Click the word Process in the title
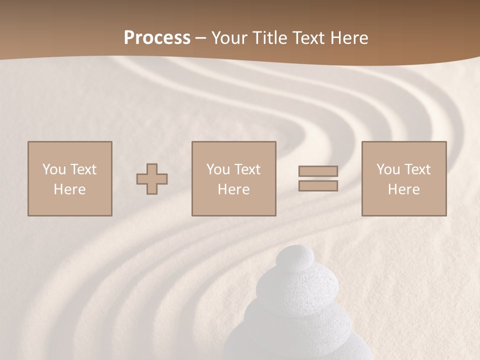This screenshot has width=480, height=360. [157, 38]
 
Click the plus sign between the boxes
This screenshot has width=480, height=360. [152, 179]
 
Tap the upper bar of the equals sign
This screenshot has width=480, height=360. [318, 171]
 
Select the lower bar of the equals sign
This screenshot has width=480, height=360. [318, 185]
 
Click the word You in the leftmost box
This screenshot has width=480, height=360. [54, 169]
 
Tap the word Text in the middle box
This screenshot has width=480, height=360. [247, 169]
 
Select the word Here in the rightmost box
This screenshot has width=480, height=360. [403, 189]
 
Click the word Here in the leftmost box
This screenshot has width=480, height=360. [69, 189]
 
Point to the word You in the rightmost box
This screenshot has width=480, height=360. [388, 169]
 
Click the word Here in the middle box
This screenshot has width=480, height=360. [233, 189]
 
